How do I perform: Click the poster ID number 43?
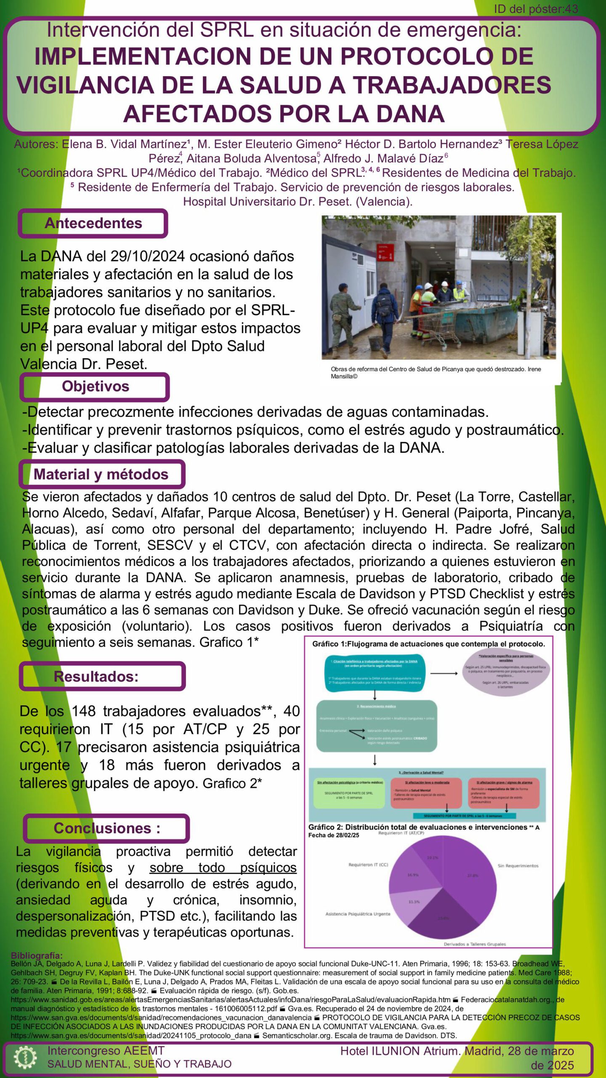(x=571, y=9)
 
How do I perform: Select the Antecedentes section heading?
(x=93, y=223)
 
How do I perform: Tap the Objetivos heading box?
(x=95, y=386)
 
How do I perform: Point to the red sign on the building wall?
(x=385, y=253)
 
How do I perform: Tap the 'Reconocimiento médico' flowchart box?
(x=376, y=726)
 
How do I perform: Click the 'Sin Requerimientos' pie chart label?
(x=518, y=866)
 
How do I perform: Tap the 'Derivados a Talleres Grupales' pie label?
(x=474, y=944)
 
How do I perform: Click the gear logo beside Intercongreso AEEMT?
(x=25, y=1058)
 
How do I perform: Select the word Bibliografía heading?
(x=37, y=955)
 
